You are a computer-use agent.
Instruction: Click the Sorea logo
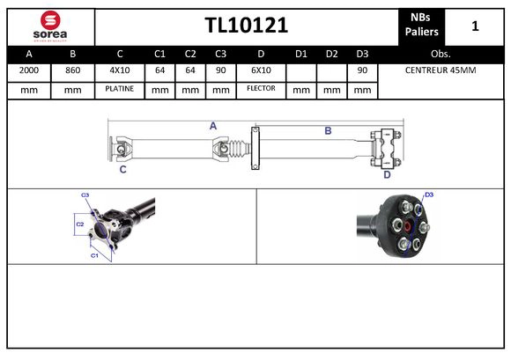point(49,26)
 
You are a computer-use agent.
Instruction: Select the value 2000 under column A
point(28,70)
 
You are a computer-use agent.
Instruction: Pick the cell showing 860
point(72,70)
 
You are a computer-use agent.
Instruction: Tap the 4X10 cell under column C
point(119,70)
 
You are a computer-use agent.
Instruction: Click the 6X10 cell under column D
point(261,70)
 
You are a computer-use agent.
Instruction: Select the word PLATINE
point(119,89)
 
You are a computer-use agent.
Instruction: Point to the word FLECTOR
point(261,89)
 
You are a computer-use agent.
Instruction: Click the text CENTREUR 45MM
point(441,70)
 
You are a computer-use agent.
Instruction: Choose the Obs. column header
point(441,53)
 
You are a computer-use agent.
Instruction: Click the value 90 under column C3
point(220,70)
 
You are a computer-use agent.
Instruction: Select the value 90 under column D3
point(361,70)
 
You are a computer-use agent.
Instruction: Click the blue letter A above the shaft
point(213,127)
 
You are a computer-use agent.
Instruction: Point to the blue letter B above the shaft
point(328,130)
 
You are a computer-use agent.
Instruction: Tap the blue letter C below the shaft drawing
point(122,169)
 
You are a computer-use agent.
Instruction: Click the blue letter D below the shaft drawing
point(386,174)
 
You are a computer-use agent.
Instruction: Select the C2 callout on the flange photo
point(79,224)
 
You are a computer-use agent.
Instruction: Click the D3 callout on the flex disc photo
point(429,195)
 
